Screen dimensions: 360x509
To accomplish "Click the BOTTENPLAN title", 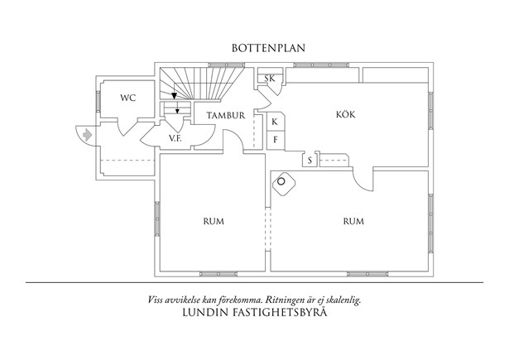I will (x=268, y=48).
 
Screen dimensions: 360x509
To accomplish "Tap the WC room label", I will (x=127, y=98).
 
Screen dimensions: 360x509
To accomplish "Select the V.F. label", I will (x=175, y=138).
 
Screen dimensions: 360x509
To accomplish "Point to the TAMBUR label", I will (x=225, y=116).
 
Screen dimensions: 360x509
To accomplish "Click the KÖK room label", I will (x=345, y=115).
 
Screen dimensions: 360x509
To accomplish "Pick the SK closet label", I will (x=269, y=79).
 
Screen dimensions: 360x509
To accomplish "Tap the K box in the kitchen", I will (x=274, y=121).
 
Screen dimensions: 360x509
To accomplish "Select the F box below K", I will (x=274, y=139).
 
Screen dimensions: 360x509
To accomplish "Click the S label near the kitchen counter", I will (x=310, y=161).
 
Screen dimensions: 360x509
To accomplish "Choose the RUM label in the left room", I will (x=214, y=221).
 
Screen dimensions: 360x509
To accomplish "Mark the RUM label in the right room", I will (x=353, y=221).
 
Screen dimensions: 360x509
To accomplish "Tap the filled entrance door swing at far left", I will (x=83, y=133).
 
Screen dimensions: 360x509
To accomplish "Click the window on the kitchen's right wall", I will (x=430, y=103).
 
